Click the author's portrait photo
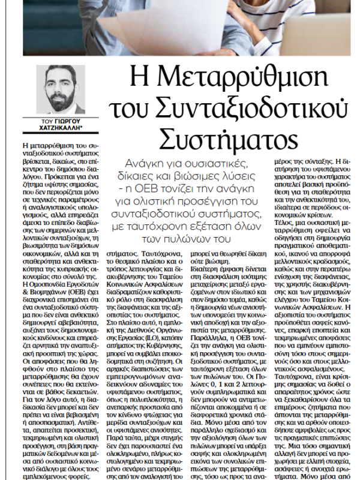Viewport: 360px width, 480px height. click(64, 88)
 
